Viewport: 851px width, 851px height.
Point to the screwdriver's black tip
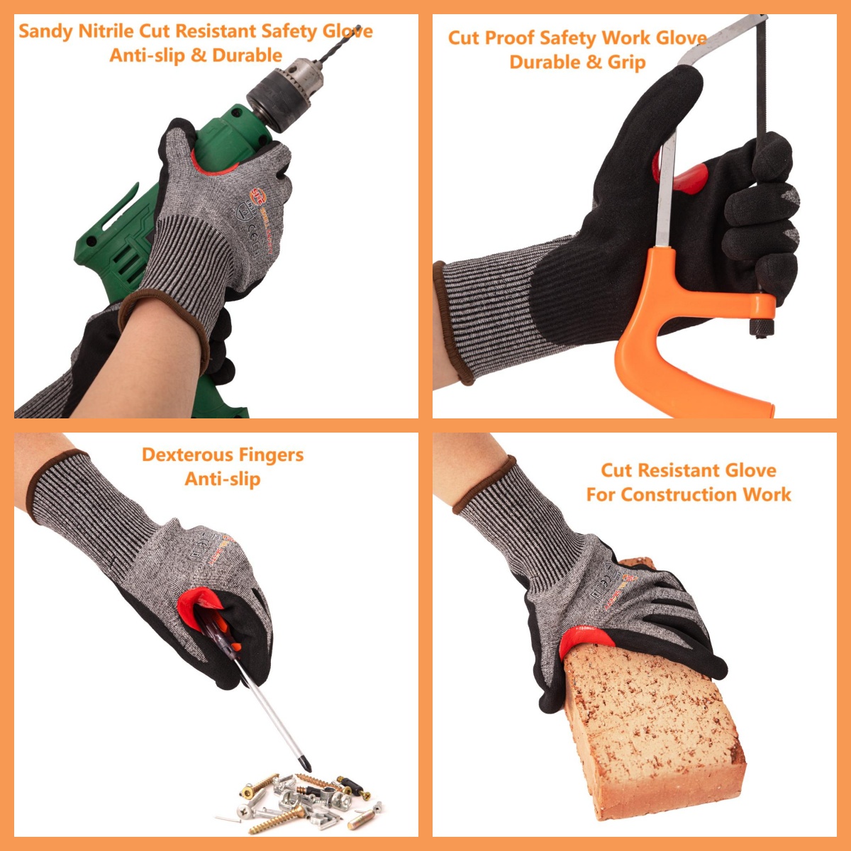(306, 764)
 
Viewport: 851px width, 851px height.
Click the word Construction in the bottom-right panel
(670, 495)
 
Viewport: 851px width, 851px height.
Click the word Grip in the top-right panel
(626, 62)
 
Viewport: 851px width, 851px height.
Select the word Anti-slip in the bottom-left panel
(223, 479)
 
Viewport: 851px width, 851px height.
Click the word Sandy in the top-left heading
(45, 31)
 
